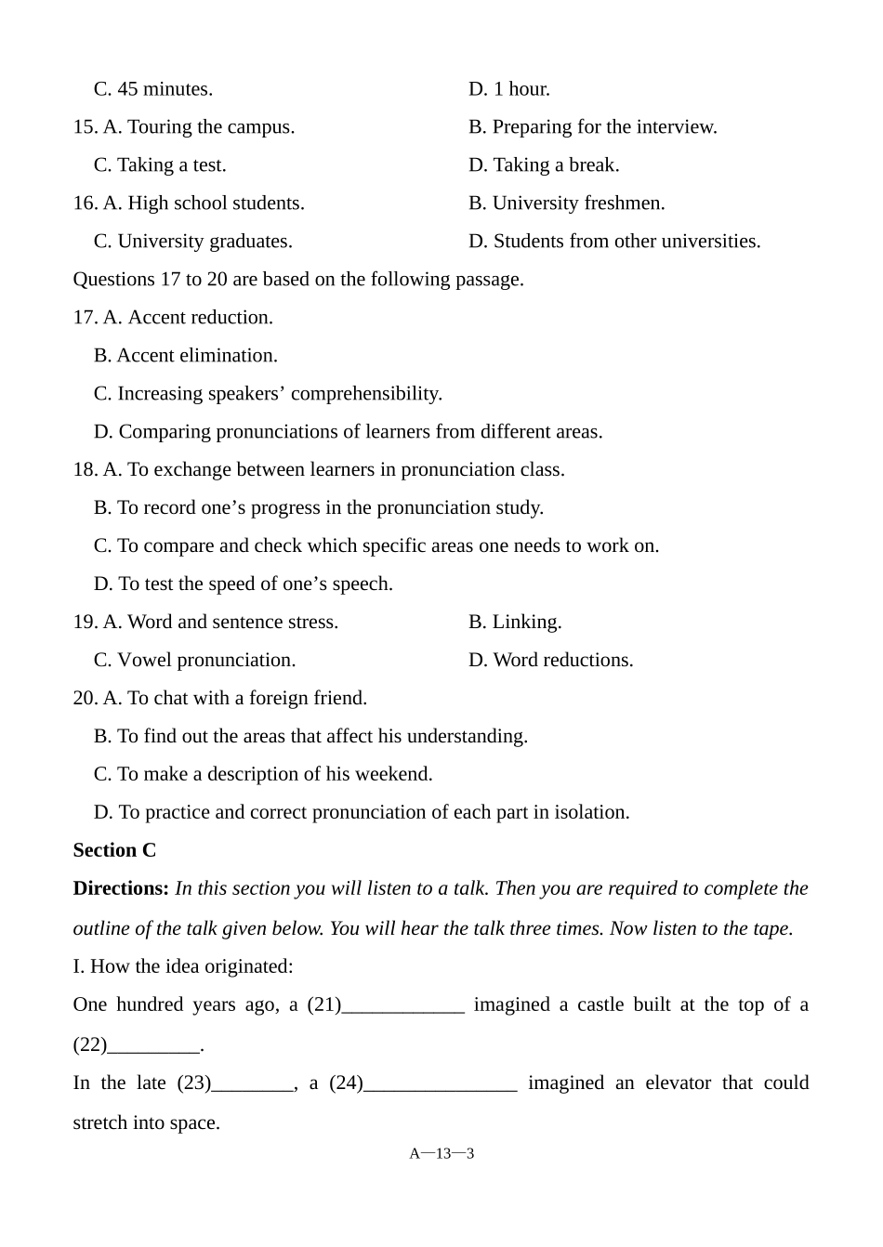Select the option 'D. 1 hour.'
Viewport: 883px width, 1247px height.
point(509,89)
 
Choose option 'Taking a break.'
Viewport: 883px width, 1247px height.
point(556,165)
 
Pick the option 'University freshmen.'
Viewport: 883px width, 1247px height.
point(578,203)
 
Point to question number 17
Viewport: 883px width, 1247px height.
point(85,318)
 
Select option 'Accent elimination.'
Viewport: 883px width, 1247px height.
point(197,356)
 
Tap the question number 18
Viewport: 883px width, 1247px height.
point(85,470)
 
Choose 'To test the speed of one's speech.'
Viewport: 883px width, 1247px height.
point(255,584)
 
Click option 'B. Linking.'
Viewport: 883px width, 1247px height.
point(515,623)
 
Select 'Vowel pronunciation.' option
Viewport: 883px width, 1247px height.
point(206,661)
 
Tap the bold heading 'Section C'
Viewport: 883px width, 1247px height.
point(114,851)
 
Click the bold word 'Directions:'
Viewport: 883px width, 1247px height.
point(121,889)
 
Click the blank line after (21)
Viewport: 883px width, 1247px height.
point(403,1007)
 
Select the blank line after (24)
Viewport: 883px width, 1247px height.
point(441,1085)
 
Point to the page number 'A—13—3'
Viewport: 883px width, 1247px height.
point(441,1154)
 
